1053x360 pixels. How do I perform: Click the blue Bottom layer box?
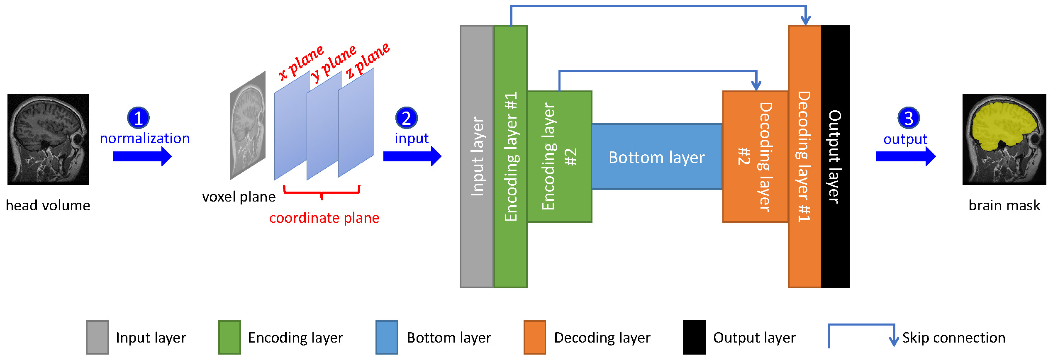[x=657, y=157]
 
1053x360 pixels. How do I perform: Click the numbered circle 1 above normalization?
[x=138, y=118]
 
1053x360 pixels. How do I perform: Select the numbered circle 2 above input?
[x=406, y=118]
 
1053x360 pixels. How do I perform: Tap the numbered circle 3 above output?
[x=908, y=118]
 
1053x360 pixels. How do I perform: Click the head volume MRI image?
[x=48, y=139]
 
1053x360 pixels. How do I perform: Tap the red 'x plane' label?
[x=301, y=62]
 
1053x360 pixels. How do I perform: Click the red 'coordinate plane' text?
[x=324, y=218]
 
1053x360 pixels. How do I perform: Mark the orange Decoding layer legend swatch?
[x=534, y=337]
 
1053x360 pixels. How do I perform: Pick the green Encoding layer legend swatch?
[x=229, y=337]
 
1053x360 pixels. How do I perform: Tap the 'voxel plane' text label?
[x=239, y=197]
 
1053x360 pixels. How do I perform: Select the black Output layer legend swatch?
[x=694, y=337]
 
